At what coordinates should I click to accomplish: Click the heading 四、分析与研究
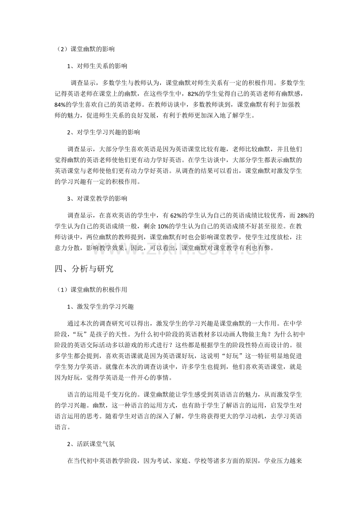coord(84,269)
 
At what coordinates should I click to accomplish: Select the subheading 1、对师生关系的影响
coord(97,66)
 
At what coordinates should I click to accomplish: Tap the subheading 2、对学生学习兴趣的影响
coord(103,132)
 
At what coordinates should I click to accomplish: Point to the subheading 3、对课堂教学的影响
coord(97,198)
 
